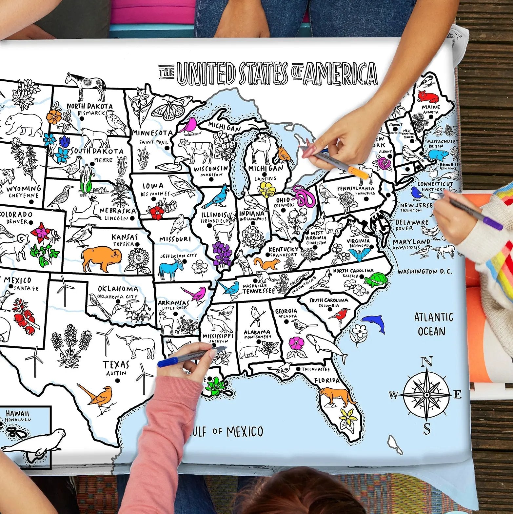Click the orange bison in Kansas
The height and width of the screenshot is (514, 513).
point(101,258)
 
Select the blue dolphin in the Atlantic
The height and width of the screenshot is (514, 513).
point(374,322)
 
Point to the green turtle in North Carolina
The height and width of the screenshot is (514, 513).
point(376,279)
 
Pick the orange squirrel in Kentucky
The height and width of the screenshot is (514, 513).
point(267,263)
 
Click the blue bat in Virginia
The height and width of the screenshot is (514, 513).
point(359,254)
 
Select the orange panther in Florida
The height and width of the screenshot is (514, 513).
point(336,396)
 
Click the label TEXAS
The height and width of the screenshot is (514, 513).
point(116,364)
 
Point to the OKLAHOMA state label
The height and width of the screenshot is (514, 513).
point(118,289)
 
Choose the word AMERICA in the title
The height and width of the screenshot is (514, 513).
point(340,73)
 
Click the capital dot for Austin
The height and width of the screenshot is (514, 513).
point(117,381)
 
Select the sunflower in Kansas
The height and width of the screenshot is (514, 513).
point(139,259)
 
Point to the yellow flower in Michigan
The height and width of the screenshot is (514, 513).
point(266,190)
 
